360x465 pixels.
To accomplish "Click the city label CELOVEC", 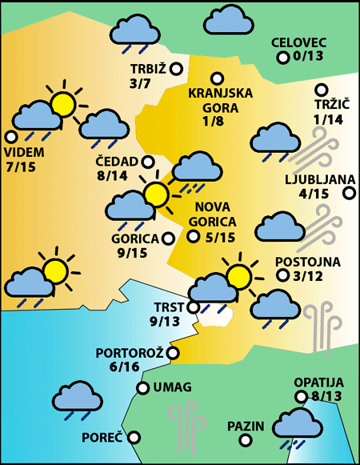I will click(298, 42).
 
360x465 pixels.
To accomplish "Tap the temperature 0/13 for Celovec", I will click(308, 56).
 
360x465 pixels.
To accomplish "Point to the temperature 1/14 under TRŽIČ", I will click(328, 119).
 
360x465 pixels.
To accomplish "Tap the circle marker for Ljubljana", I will click(349, 193).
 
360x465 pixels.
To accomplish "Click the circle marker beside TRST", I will click(192, 307).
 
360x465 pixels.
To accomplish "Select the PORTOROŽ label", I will click(129, 352).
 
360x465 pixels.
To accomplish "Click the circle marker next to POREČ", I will click(134, 438).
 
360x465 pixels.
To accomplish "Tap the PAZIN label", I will click(245, 426).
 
